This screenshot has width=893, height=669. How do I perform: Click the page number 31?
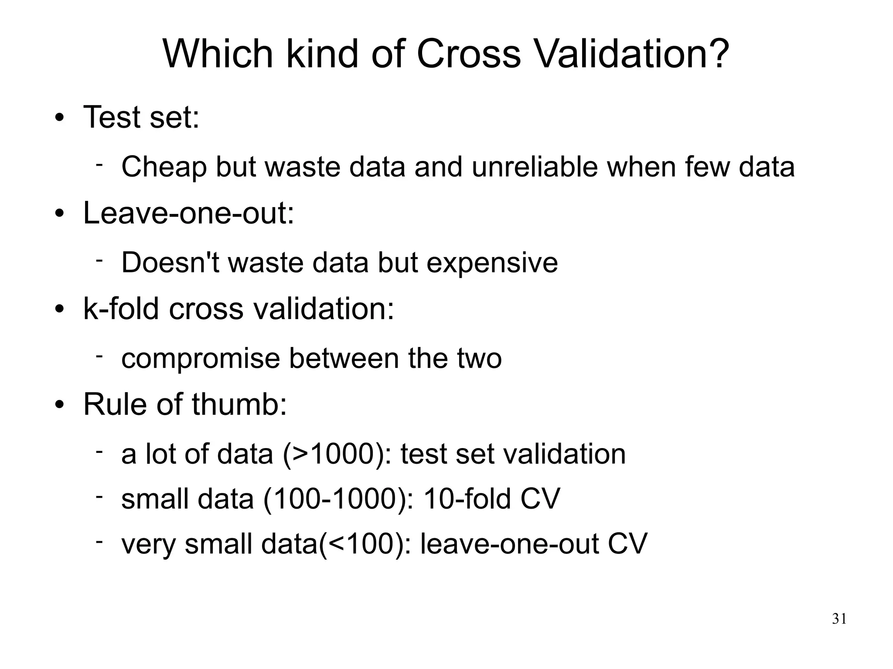coord(839,619)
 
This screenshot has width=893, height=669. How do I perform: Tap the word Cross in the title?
coord(468,54)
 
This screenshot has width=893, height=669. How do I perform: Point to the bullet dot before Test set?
coord(60,118)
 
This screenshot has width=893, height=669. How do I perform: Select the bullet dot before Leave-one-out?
coord(60,214)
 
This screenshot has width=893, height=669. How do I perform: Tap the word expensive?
coord(492,263)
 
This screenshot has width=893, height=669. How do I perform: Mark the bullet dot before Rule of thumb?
coord(60,405)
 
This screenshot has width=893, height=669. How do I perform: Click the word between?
coord(344,359)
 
